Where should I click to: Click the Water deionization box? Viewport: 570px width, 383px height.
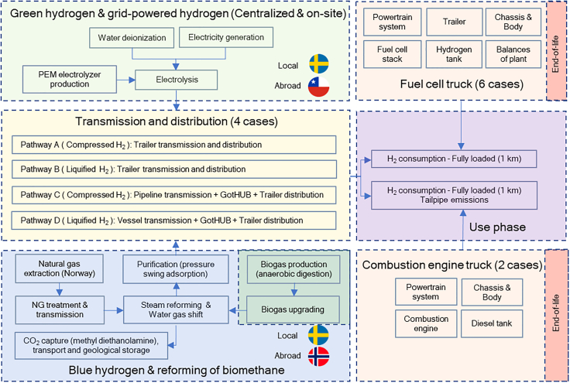132,38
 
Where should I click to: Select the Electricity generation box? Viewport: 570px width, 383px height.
226,37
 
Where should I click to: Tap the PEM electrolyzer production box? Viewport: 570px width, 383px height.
70,79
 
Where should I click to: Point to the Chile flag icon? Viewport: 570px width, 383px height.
318,87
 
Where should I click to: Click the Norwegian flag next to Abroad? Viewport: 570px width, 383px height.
318,356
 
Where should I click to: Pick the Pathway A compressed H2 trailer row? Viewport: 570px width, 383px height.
173,145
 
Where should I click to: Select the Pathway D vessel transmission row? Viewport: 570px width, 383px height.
173,221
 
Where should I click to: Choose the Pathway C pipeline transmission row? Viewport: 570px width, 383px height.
173,195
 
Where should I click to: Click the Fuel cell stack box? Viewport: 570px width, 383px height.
392,54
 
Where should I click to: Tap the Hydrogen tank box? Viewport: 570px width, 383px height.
454,54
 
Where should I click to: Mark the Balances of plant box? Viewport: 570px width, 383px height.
513,54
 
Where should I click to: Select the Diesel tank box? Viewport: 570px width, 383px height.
492,323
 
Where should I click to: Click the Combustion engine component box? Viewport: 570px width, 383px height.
426,323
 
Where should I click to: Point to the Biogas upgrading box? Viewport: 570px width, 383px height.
293,309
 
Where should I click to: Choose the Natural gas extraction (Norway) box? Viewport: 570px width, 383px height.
60,268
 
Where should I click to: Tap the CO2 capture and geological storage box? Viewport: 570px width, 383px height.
91,346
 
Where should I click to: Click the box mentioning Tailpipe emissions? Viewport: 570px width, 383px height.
454,195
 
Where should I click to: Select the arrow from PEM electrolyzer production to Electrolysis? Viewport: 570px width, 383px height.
125,80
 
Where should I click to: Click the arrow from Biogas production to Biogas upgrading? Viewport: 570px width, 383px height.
294,289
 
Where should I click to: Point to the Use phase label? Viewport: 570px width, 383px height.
497,227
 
